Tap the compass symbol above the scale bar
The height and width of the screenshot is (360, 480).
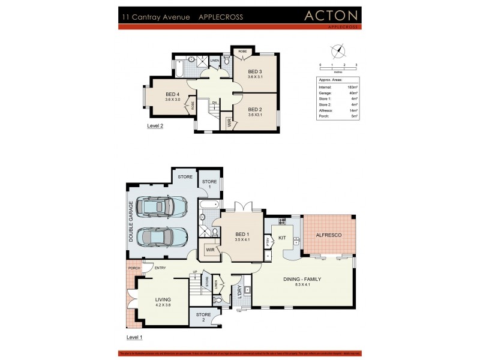tap(338, 51)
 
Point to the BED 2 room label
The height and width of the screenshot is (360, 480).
tap(255, 109)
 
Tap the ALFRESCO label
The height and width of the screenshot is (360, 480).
tap(329, 235)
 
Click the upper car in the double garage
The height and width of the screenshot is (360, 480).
tap(155, 208)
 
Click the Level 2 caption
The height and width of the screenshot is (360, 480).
tap(155, 127)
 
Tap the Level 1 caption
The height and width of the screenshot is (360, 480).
tap(134, 338)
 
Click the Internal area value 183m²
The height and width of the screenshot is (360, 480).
tap(353, 88)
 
